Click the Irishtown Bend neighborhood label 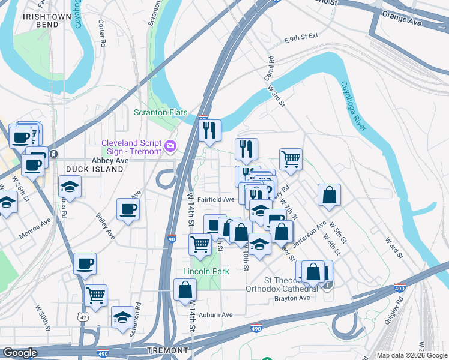[40, 20]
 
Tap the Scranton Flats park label [160, 113]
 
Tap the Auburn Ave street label [215, 314]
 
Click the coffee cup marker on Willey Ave [128, 209]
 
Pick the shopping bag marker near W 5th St [330, 195]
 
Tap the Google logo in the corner [20, 353]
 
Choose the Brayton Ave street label [292, 298]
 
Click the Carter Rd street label [102, 34]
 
